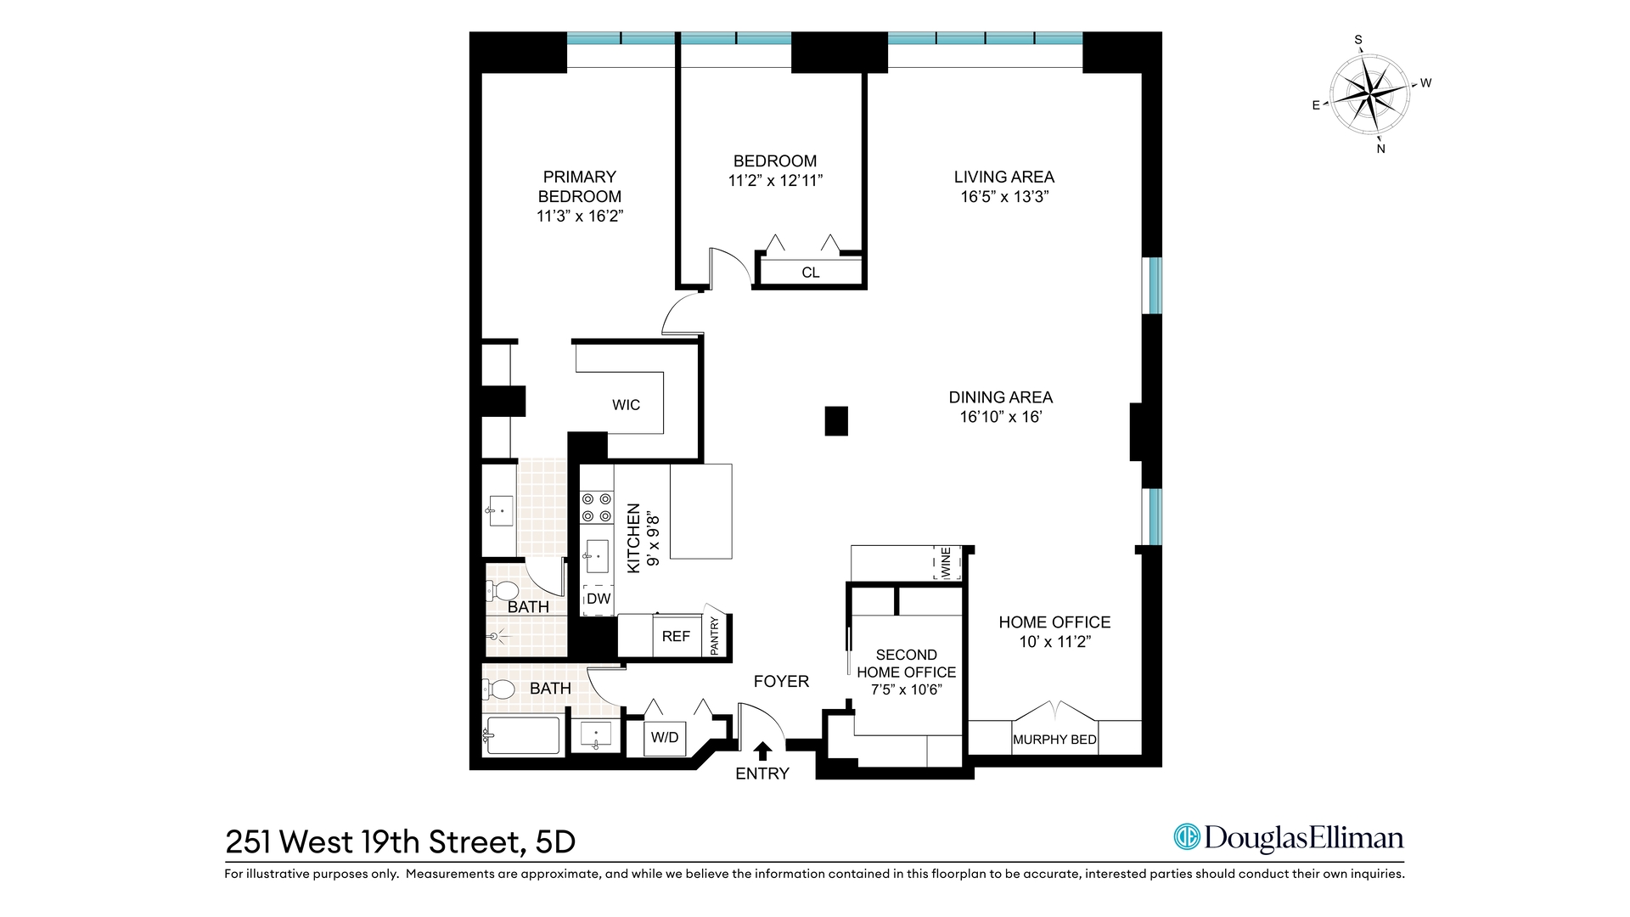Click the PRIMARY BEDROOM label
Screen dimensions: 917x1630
coord(580,187)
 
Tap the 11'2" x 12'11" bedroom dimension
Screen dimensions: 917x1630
coord(775,181)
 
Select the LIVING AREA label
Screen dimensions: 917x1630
coord(1003,177)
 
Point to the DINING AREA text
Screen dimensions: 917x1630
coord(1000,397)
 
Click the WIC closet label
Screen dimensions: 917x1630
coord(626,405)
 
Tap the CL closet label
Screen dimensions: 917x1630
coord(811,273)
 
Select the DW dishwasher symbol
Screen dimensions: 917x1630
coord(599,599)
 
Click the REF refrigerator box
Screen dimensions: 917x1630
coord(676,636)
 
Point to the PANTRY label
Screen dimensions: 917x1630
coord(715,636)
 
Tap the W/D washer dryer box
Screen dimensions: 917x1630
coord(665,738)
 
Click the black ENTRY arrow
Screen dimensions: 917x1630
coord(762,751)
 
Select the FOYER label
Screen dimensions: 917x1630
coord(781,681)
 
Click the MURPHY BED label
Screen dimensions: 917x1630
coord(1054,740)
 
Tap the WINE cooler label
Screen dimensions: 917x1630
coord(947,564)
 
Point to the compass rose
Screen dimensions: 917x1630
coord(1369,93)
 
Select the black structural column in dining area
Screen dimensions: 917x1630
coord(836,421)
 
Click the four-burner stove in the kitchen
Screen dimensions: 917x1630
coord(596,507)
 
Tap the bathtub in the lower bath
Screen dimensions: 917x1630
coord(521,736)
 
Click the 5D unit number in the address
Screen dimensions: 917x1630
coord(555,841)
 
